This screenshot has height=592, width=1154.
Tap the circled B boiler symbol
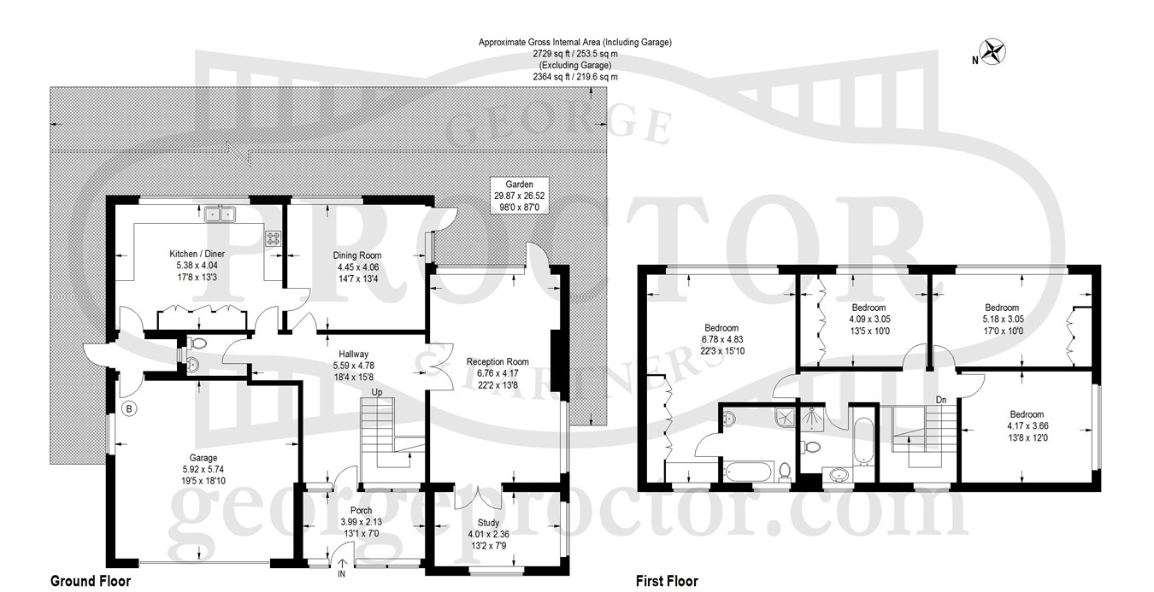click(x=129, y=408)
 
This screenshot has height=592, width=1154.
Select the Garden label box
click(x=519, y=196)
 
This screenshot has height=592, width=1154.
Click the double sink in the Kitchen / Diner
click(x=220, y=214)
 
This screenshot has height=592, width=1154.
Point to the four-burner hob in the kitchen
click(x=273, y=237)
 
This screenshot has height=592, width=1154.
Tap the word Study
click(x=488, y=523)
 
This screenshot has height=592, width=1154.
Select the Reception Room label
click(x=498, y=361)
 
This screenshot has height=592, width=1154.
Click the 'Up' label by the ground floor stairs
click(x=377, y=392)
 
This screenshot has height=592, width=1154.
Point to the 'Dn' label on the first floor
click(x=941, y=400)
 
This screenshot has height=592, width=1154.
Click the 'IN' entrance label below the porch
click(x=341, y=573)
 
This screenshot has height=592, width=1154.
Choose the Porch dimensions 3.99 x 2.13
click(x=361, y=522)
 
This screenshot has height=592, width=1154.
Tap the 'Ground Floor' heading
click(x=91, y=581)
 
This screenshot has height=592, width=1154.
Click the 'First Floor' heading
click(x=667, y=581)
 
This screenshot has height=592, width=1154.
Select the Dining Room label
click(x=357, y=255)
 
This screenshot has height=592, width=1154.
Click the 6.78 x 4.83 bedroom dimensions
click(x=721, y=340)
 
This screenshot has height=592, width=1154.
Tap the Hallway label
click(x=353, y=355)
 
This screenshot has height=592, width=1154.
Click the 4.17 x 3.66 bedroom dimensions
click(x=1027, y=426)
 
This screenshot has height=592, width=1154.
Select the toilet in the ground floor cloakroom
click(x=197, y=343)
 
